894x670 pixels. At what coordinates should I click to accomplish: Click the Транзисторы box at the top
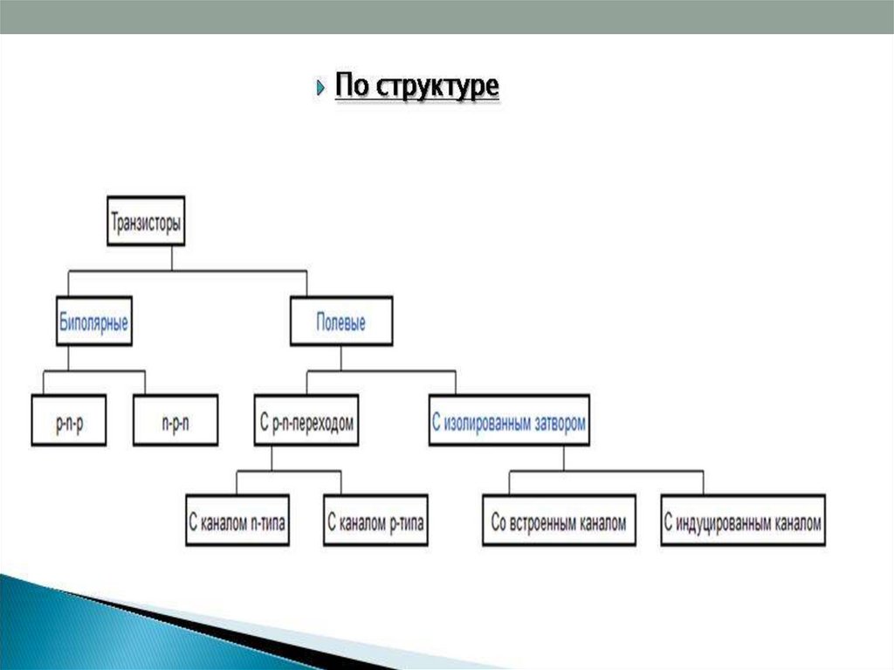pos(146,222)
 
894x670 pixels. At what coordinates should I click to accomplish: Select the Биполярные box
pos(93,321)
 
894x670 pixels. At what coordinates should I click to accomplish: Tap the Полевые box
pos(340,321)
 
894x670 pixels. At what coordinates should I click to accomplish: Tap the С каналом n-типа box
pos(238,522)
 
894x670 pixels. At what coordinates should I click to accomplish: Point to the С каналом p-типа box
pos(375,522)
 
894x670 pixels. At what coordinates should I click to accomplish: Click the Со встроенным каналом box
pos(559,522)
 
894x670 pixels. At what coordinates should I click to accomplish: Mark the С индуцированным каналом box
pos(743,522)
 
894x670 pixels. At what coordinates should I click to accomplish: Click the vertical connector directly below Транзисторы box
pos(172,259)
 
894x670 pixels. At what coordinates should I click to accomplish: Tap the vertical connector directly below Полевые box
pos(341,358)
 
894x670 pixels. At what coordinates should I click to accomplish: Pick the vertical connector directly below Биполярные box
pos(68,358)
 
